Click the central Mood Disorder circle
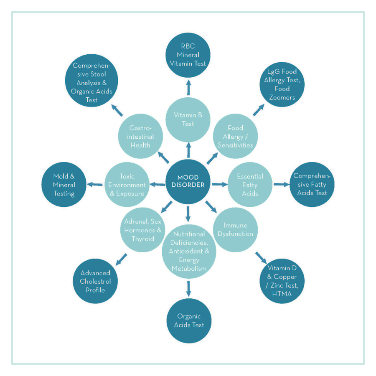coord(188,181)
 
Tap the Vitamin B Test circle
coord(188,119)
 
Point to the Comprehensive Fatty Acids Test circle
coord(310,184)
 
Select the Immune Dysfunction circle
coord(235,230)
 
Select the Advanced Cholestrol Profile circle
coord(96,281)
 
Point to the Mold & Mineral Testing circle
coord(64,185)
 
